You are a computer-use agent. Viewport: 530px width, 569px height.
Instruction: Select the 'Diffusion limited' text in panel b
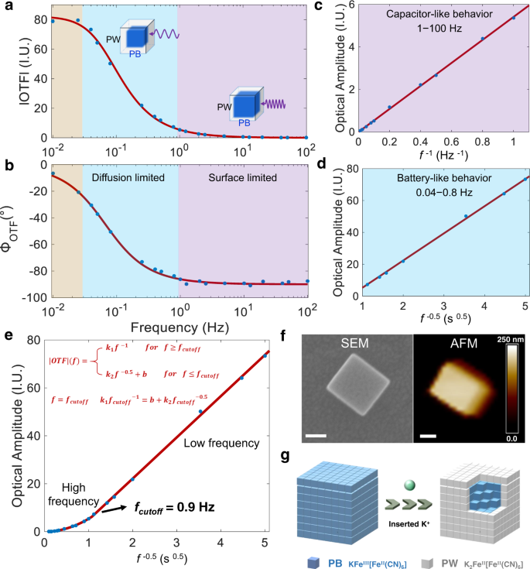[x=128, y=178]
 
